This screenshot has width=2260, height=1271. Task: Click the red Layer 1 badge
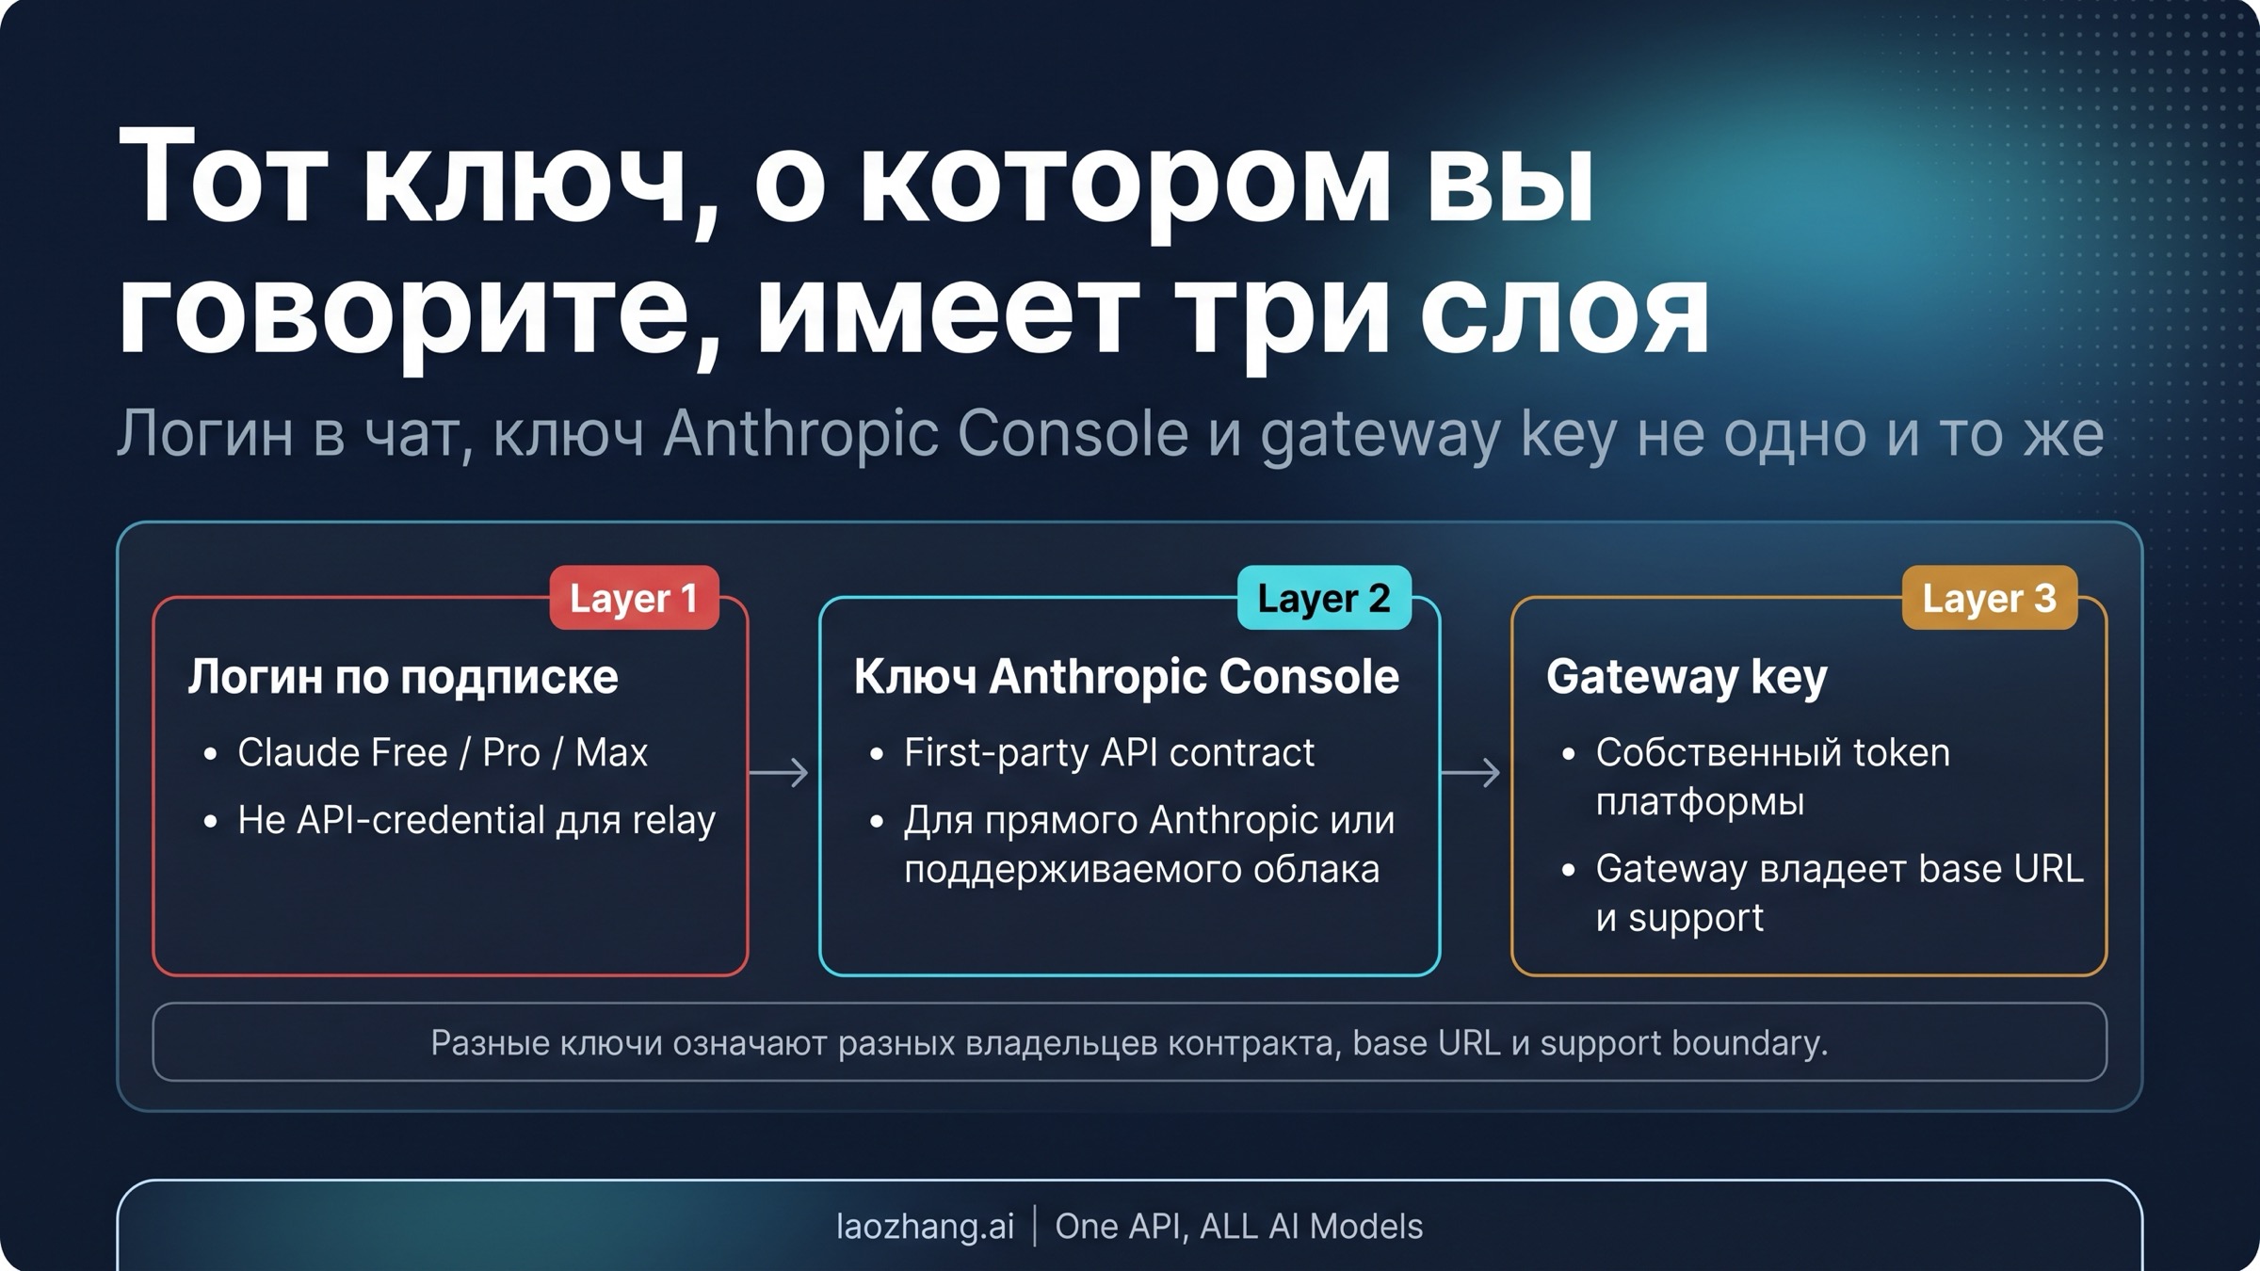pyautogui.click(x=634, y=598)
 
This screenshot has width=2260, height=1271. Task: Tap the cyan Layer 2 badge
pyautogui.click(x=1323, y=598)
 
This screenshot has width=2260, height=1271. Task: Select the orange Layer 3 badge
pyautogui.click(x=1989, y=598)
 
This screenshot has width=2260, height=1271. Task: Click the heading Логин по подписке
pyautogui.click(x=403, y=677)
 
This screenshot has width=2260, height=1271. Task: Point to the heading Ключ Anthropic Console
pyautogui.click(x=1126, y=677)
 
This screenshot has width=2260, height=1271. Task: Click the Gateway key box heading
pyautogui.click(x=1686, y=677)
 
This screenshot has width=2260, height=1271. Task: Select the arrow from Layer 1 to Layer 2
pyautogui.click(x=779, y=773)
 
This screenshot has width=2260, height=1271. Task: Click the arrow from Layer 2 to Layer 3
pyautogui.click(x=1471, y=773)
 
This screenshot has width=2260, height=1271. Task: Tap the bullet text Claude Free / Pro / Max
pyautogui.click(x=443, y=752)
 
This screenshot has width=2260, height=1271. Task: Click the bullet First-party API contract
pyautogui.click(x=1108, y=752)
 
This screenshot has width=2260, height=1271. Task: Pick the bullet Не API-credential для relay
pyautogui.click(x=476, y=820)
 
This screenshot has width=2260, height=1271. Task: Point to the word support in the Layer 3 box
pyautogui.click(x=1695, y=917)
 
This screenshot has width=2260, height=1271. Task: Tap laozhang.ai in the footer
pyautogui.click(x=925, y=1226)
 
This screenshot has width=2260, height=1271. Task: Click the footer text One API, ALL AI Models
pyautogui.click(x=1238, y=1226)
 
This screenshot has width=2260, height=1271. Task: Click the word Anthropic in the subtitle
pyautogui.click(x=800, y=434)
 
